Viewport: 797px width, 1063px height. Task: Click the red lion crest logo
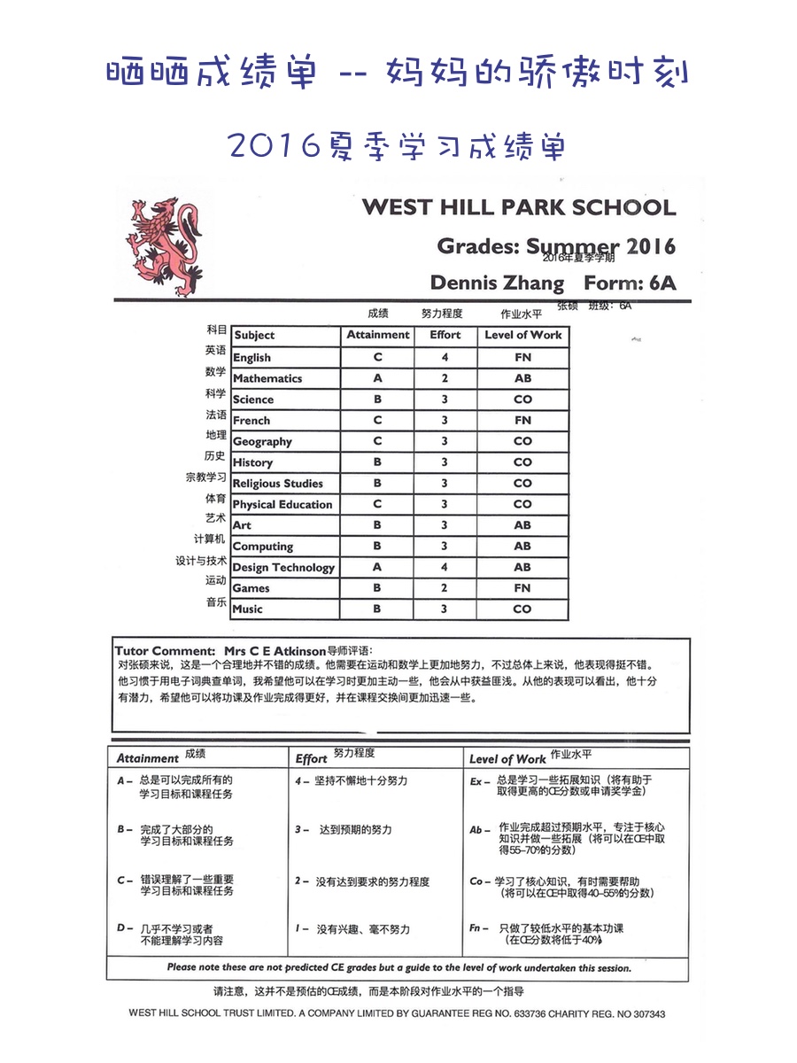point(166,247)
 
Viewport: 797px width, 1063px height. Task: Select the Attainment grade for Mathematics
point(377,378)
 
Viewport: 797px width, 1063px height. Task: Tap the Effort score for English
point(445,357)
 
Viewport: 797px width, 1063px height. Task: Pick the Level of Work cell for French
point(522,420)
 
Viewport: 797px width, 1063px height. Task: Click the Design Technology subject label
point(283,568)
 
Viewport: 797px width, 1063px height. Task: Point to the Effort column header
point(445,335)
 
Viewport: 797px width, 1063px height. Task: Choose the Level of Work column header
point(522,335)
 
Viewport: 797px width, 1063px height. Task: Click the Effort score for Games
point(445,588)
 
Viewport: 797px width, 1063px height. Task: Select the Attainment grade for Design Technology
point(377,567)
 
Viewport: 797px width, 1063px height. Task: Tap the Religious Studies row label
point(277,484)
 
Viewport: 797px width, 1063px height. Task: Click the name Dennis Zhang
point(497,283)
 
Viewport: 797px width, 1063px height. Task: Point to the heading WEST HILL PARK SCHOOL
point(519,208)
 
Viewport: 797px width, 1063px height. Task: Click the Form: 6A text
point(630,283)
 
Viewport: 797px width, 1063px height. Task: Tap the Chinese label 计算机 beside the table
point(210,539)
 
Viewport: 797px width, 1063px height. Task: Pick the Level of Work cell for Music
point(522,609)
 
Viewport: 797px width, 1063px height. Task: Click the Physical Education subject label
point(282,505)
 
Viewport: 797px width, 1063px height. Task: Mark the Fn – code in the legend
point(479,928)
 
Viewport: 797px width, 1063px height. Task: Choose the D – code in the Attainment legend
point(125,928)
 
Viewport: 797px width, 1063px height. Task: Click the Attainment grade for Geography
point(377,441)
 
